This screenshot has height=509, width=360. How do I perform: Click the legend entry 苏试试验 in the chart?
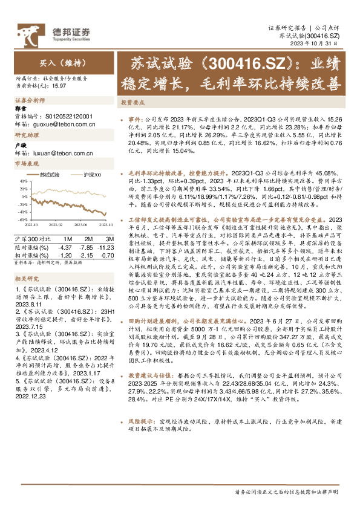click(49, 175)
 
